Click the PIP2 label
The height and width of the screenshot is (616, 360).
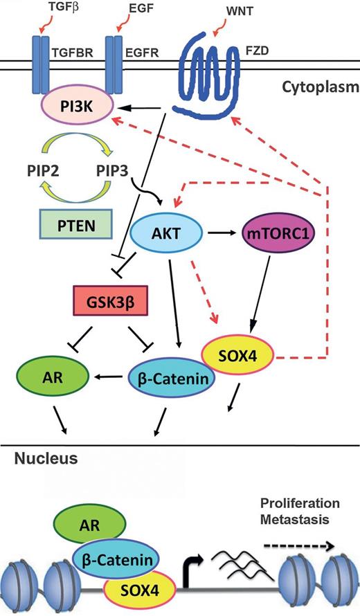(39, 169)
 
